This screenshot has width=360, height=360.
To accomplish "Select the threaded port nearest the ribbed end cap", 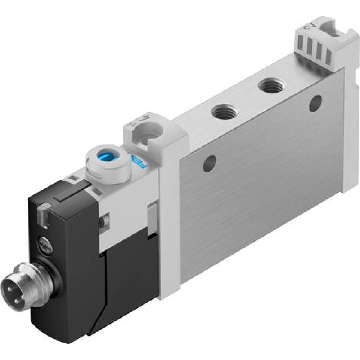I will point(272,86).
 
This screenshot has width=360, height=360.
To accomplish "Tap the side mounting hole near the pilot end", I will point(210,163).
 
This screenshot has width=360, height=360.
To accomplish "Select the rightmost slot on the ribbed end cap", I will point(328,56).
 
